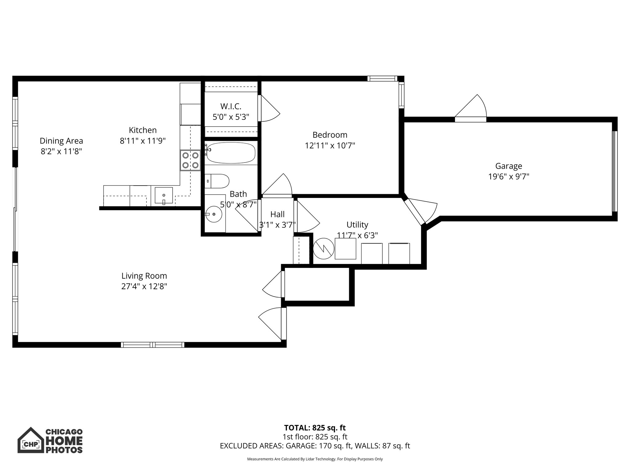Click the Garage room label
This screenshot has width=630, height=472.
pyautogui.click(x=508, y=166)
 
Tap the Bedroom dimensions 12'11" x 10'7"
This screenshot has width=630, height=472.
pyautogui.click(x=330, y=145)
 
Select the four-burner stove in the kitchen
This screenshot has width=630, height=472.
pyautogui.click(x=190, y=160)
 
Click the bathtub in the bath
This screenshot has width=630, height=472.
pyautogui.click(x=231, y=153)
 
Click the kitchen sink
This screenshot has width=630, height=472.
pyautogui.click(x=164, y=195)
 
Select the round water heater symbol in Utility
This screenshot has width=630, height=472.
pyautogui.click(x=323, y=249)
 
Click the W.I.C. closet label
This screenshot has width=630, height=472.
pyautogui.click(x=231, y=106)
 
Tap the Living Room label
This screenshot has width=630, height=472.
pyautogui.click(x=144, y=276)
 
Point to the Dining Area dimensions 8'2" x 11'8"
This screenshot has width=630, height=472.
pyautogui.click(x=61, y=151)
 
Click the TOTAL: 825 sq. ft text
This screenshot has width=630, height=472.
pyautogui.click(x=315, y=428)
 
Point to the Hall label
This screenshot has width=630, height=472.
pyautogui.click(x=277, y=214)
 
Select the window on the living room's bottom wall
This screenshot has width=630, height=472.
pyautogui.click(x=153, y=345)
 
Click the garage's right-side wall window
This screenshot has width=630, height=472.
pyautogui.click(x=614, y=171)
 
